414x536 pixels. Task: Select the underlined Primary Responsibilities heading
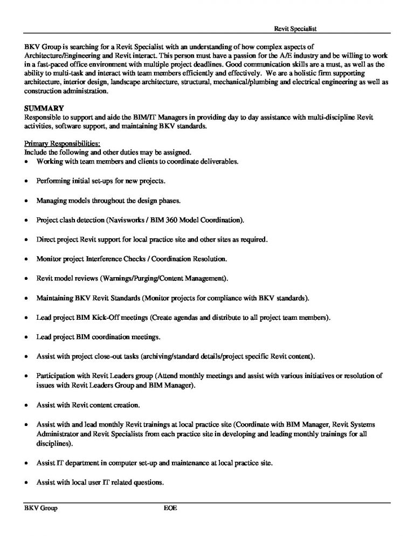coord(62,143)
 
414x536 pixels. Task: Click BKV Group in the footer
coord(41,508)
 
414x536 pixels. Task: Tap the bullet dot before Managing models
coord(26,201)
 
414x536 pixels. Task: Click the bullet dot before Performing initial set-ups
coord(26,181)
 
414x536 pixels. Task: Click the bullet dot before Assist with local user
coord(26,482)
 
